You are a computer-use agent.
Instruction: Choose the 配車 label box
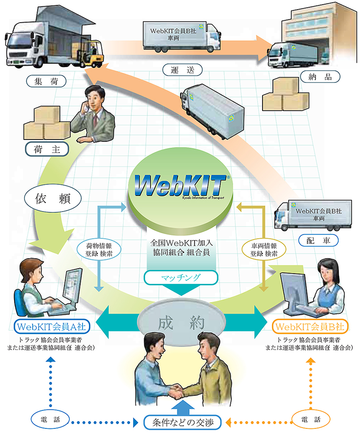tap(318, 240)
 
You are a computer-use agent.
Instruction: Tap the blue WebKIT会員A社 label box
tap(53, 326)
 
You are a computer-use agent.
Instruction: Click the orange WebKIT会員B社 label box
tap(310, 326)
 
